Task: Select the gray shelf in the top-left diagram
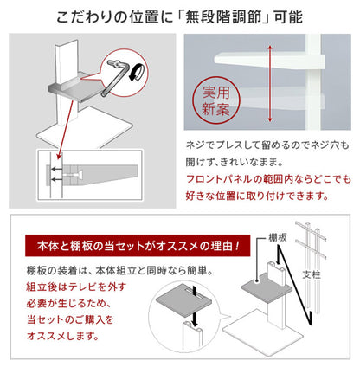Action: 79,89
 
